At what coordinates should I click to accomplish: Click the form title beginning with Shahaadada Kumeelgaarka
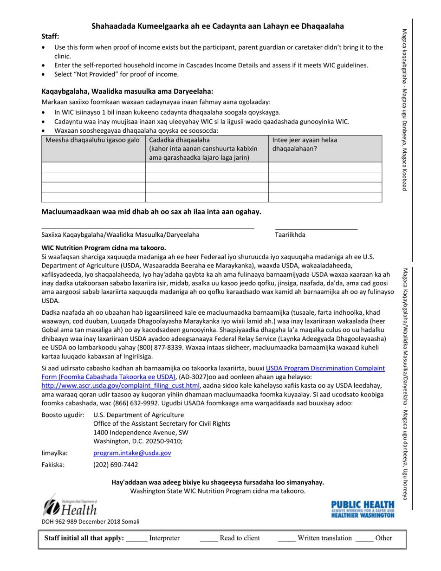coord(217,26)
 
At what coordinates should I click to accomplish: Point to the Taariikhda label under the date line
coord(290,235)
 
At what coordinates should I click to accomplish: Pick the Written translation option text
coord(325,539)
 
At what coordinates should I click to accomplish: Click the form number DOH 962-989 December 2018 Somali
coord(91,521)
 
